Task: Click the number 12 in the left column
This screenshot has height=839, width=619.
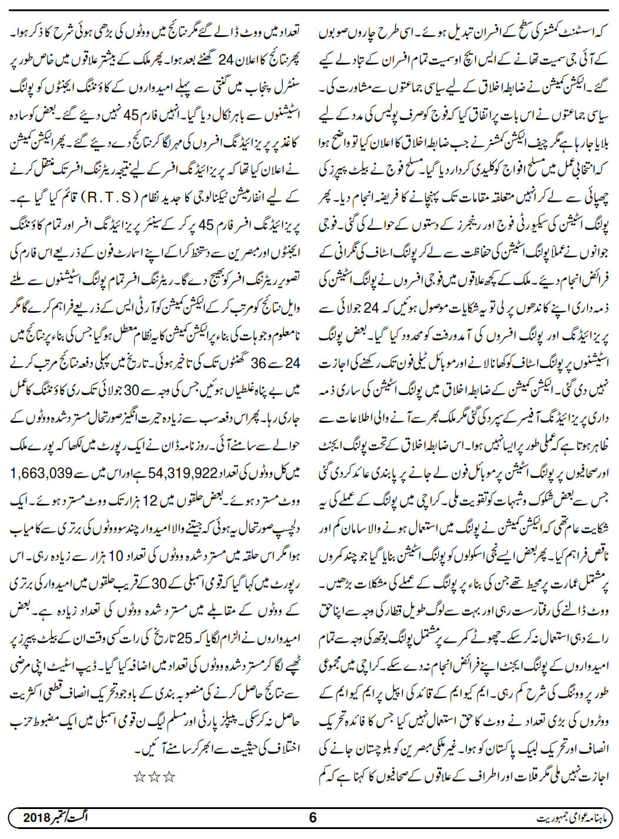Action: (x=152, y=502)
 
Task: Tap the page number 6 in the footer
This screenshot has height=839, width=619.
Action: (x=312, y=817)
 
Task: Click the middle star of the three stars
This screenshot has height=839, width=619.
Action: (x=154, y=777)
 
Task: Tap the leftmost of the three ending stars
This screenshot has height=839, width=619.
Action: (x=140, y=777)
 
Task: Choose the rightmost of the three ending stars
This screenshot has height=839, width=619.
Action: (x=169, y=777)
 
